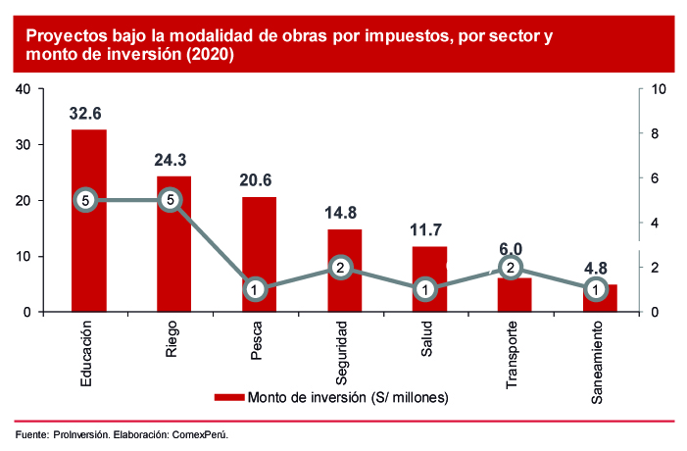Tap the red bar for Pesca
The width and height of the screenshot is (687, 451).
click(x=259, y=245)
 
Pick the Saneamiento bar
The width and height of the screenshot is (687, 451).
click(x=600, y=301)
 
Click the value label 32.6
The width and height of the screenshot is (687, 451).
click(x=87, y=113)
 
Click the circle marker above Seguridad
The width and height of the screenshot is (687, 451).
click(x=340, y=268)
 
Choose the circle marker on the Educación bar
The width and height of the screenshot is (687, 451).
click(x=86, y=200)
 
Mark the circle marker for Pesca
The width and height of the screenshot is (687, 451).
click(x=255, y=290)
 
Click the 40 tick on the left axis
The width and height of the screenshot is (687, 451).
click(x=25, y=89)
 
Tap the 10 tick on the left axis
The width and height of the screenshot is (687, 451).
click(x=25, y=257)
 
